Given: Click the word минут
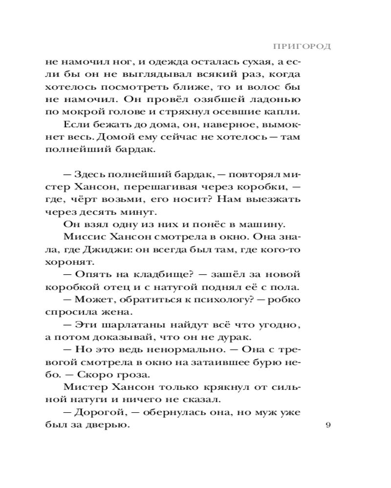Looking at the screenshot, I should pos(142,212).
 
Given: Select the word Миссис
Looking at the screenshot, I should pos(82,237).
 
